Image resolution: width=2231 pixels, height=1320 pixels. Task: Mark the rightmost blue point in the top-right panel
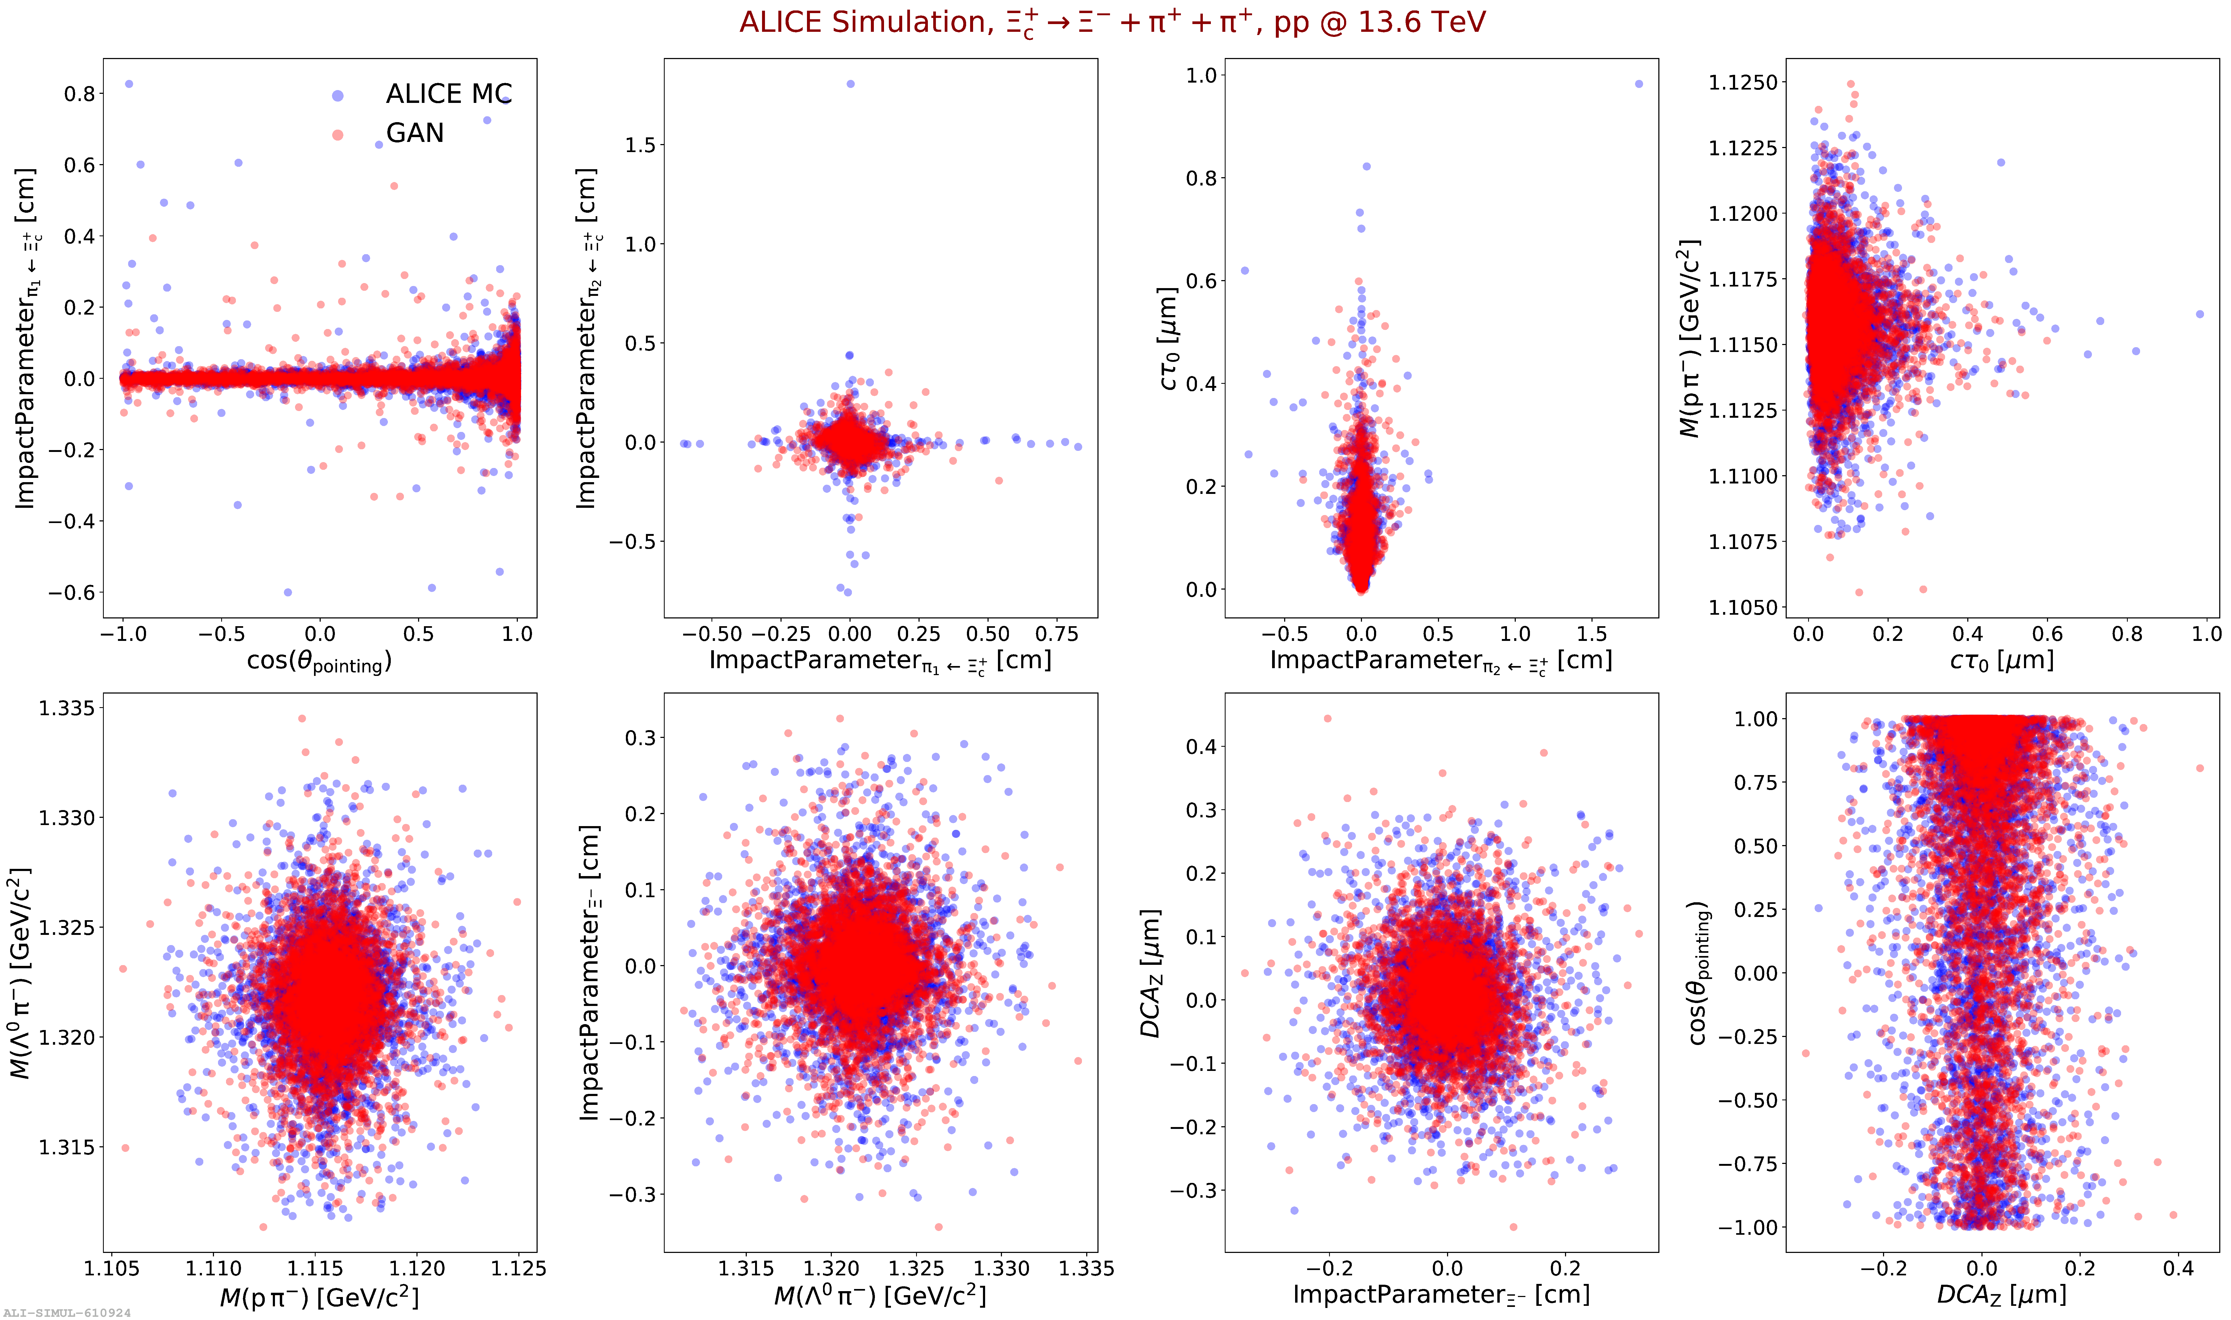pos(2200,314)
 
